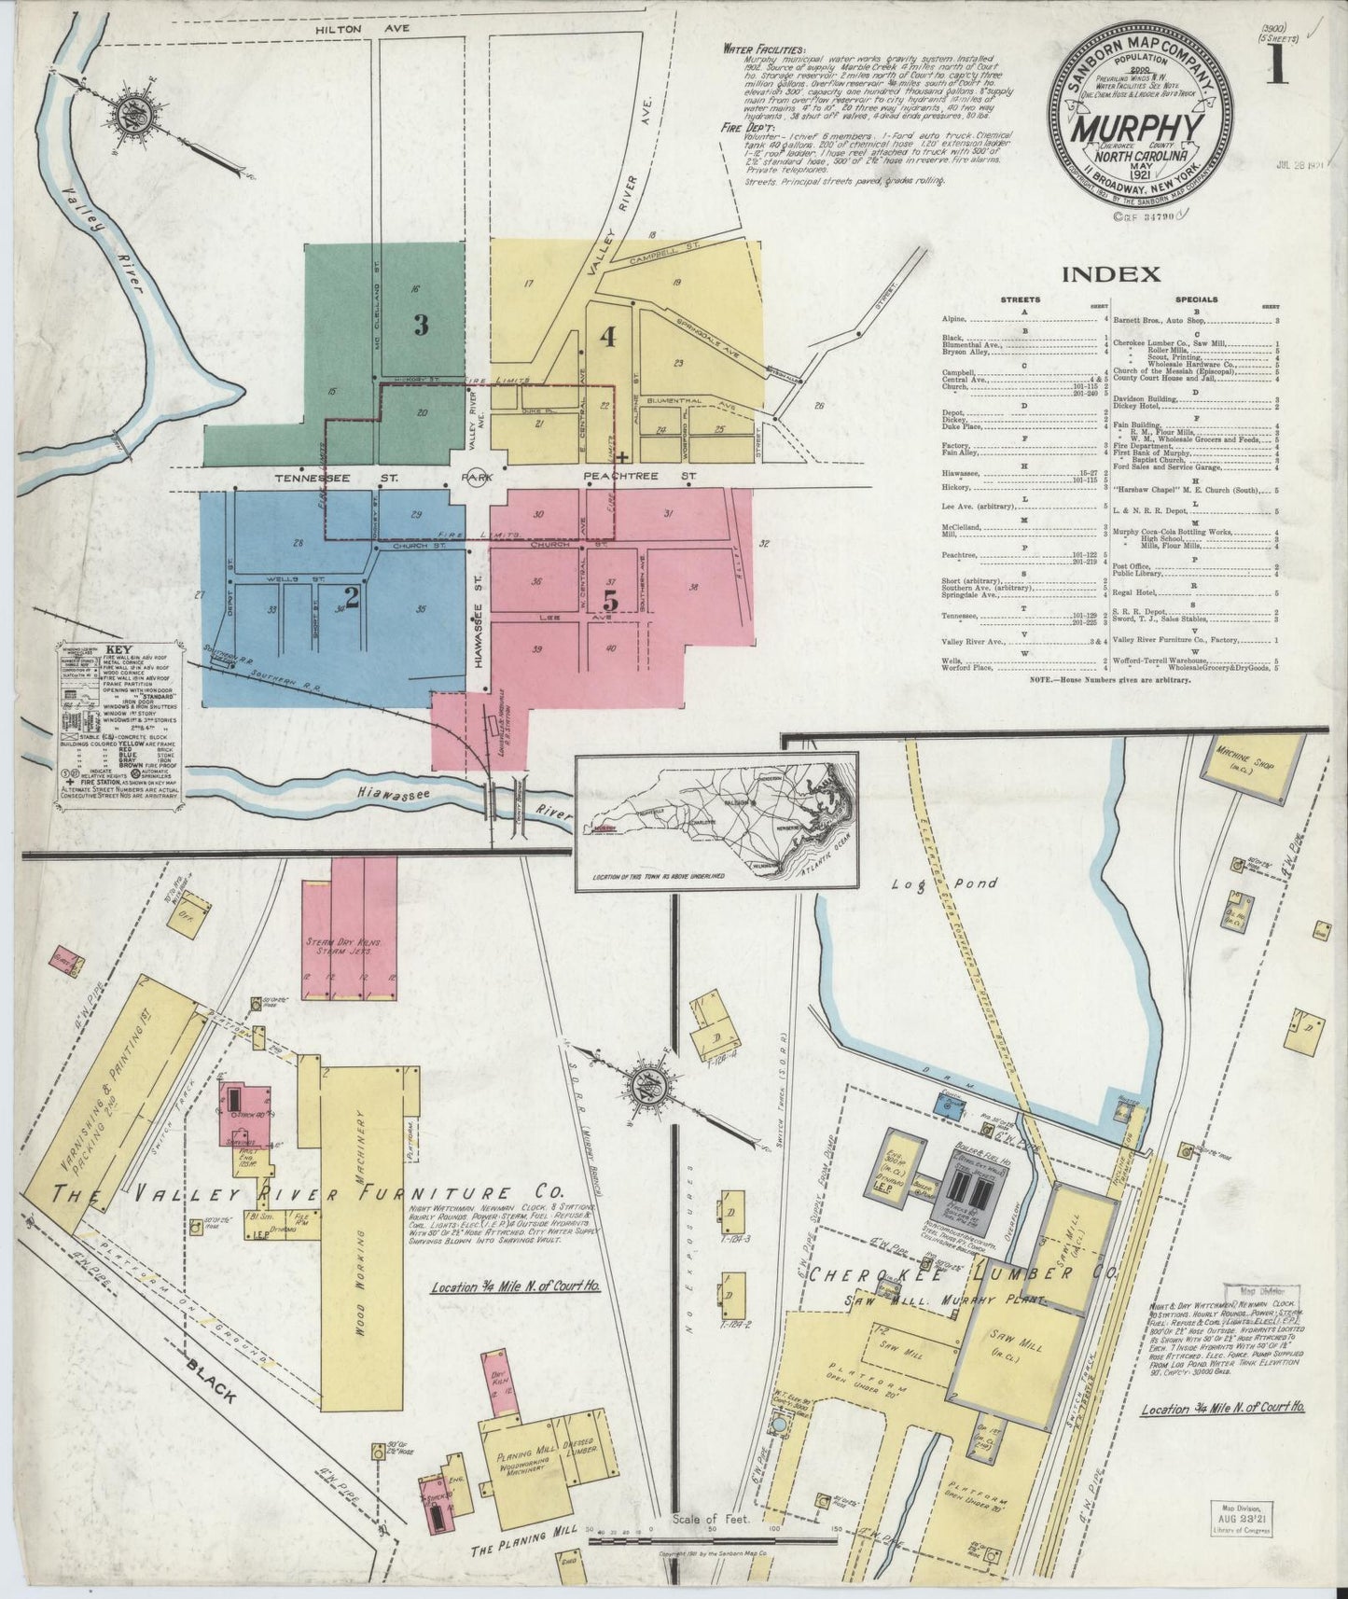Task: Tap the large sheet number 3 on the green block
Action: click(421, 325)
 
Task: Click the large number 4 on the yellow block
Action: click(608, 337)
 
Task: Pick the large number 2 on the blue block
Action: click(352, 593)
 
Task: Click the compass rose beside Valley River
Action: click(128, 118)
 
